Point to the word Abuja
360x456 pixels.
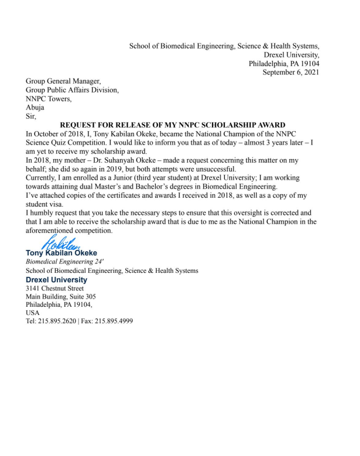tap(35, 108)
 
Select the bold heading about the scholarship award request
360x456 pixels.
tap(173, 125)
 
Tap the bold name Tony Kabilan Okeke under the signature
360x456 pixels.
tap(61, 253)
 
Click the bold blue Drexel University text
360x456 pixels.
tap(56, 280)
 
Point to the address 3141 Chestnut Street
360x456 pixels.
tap(54, 289)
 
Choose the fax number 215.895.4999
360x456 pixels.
tap(114, 321)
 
